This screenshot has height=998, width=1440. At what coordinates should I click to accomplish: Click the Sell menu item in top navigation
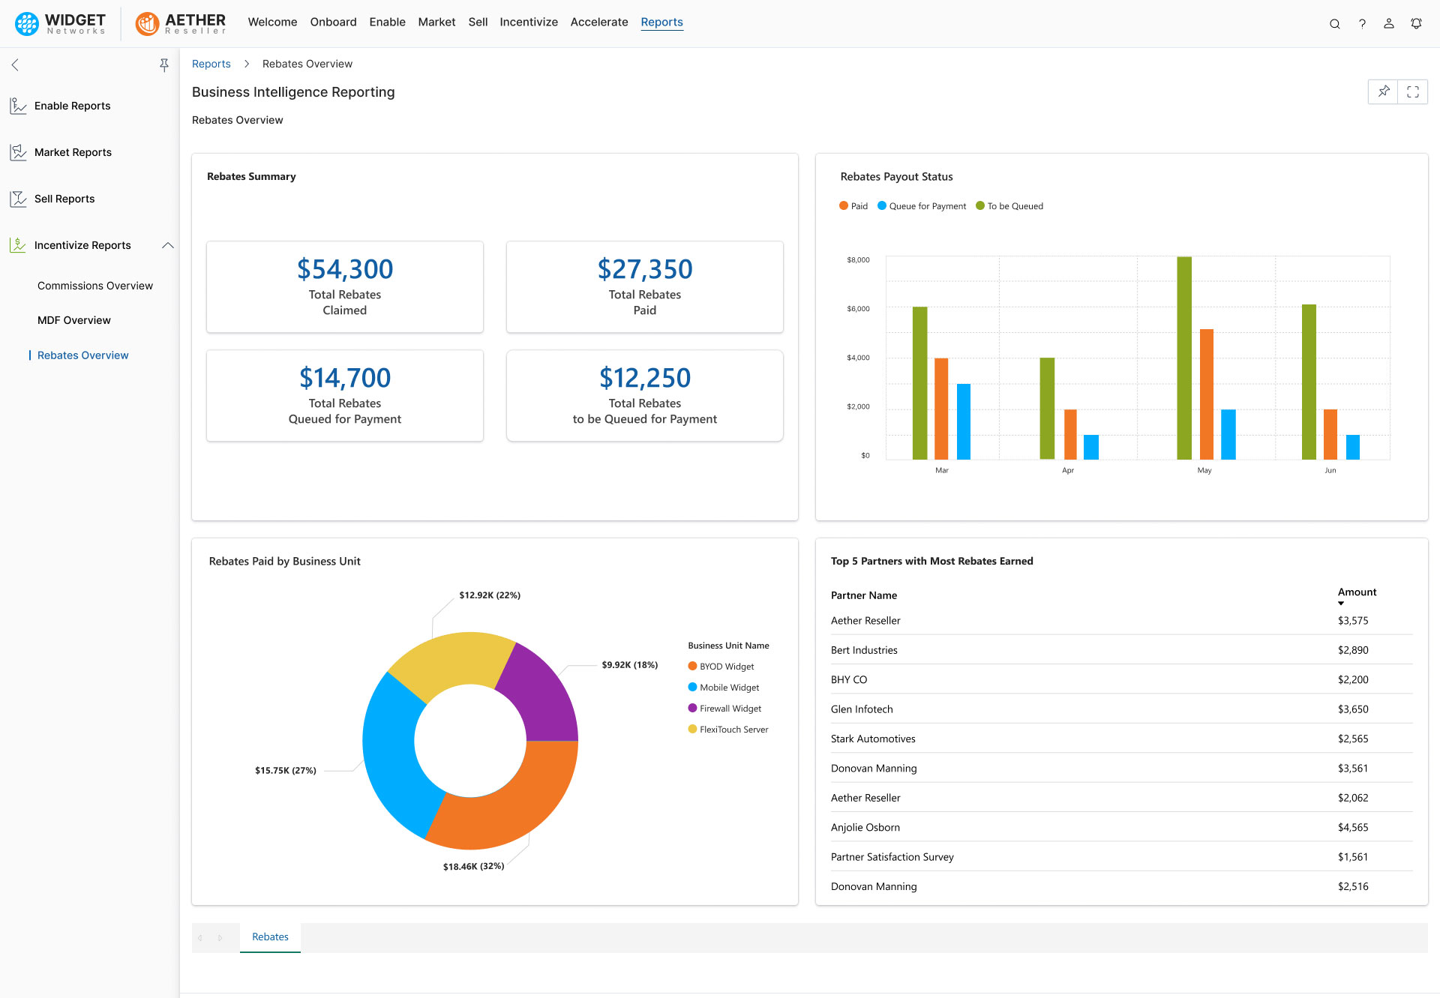pyautogui.click(x=478, y=22)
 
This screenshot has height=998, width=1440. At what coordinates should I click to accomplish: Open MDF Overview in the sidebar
pyautogui.click(x=73, y=320)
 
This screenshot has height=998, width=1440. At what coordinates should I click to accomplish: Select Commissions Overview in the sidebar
pyautogui.click(x=94, y=286)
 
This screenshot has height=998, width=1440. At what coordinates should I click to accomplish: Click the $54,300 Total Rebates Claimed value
pyautogui.click(x=344, y=269)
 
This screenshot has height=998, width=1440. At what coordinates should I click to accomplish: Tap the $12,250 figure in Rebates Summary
pyautogui.click(x=644, y=378)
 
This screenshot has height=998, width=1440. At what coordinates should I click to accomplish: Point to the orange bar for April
pyautogui.click(x=1070, y=434)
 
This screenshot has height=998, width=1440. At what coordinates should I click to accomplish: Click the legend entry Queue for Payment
pyautogui.click(x=926, y=206)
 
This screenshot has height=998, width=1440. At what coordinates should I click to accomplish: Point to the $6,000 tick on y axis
pyautogui.click(x=858, y=309)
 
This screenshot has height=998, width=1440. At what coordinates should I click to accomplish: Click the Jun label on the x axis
pyautogui.click(x=1330, y=470)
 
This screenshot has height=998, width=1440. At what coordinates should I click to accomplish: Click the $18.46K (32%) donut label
pyautogui.click(x=473, y=866)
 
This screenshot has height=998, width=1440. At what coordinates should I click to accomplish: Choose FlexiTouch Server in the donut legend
pyautogui.click(x=733, y=730)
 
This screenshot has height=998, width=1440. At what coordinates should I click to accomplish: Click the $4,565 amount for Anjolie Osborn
pyautogui.click(x=1352, y=827)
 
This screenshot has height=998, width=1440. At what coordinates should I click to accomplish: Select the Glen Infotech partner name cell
pyautogui.click(x=862, y=709)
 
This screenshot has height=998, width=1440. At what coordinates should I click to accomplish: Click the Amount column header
pyautogui.click(x=1356, y=592)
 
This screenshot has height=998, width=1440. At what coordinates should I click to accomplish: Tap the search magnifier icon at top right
pyautogui.click(x=1334, y=23)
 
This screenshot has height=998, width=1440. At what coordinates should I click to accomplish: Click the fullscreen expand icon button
pyautogui.click(x=1412, y=92)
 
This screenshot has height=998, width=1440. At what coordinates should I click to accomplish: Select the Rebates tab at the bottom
pyautogui.click(x=270, y=937)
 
